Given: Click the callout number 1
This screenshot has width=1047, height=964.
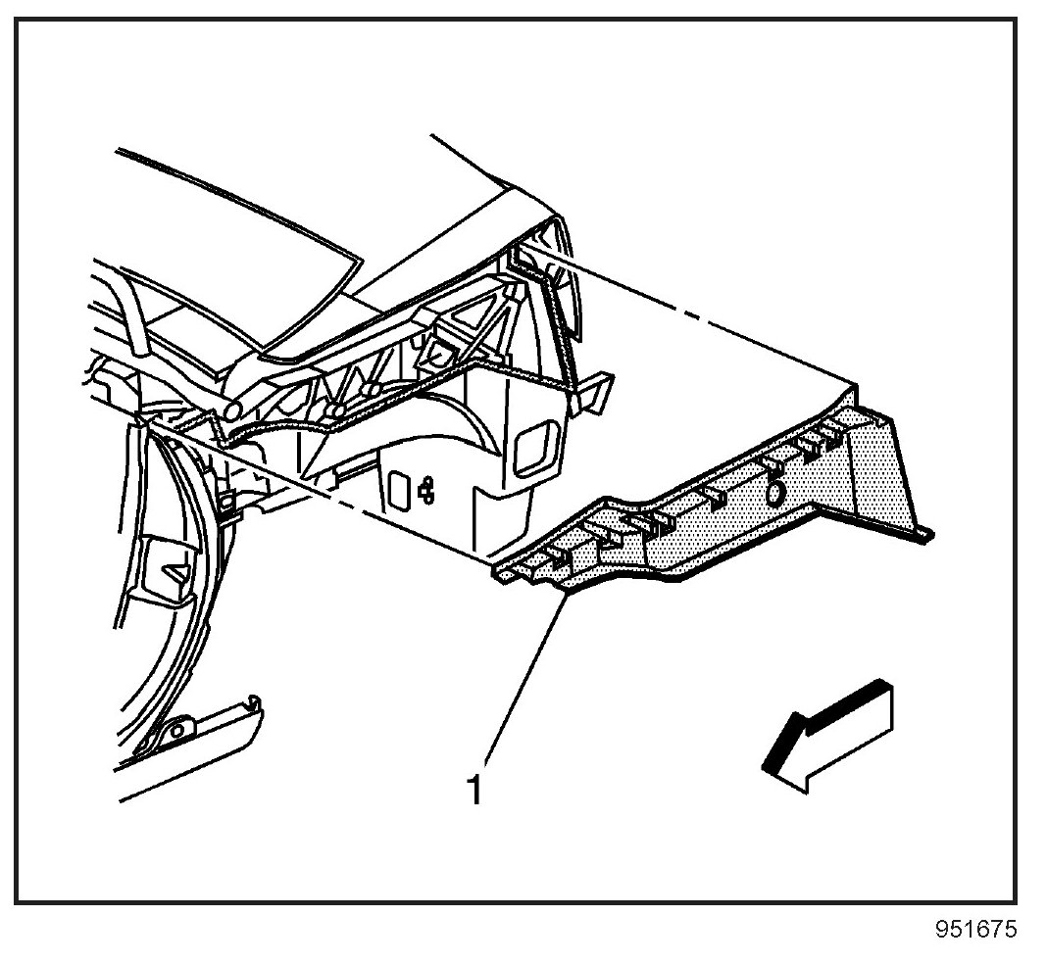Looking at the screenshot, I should (x=474, y=789).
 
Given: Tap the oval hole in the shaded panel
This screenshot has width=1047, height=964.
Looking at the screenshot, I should (x=774, y=493).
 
